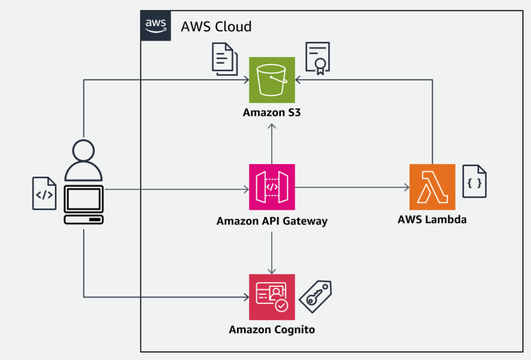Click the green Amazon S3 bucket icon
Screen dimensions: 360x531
click(x=272, y=79)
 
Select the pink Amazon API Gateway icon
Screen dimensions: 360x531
click(x=272, y=187)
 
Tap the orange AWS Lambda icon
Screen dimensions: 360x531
click(x=432, y=187)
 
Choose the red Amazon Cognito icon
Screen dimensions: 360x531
click(x=272, y=297)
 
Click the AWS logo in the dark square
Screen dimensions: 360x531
click(x=155, y=25)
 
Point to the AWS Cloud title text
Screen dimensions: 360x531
click(x=216, y=26)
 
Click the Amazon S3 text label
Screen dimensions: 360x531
click(x=272, y=113)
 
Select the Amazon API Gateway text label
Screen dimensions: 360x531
click(x=272, y=221)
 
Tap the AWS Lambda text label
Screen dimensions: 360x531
click(x=432, y=219)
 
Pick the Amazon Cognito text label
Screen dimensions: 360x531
click(x=272, y=330)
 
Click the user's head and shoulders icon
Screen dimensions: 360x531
click(x=83, y=161)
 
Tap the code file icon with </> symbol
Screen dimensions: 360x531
click(x=45, y=194)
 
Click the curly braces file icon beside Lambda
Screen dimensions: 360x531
click(x=474, y=182)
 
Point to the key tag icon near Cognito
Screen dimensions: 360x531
click(x=316, y=296)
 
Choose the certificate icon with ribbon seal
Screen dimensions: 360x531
click(x=318, y=58)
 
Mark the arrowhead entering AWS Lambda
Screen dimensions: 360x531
click(x=407, y=187)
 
